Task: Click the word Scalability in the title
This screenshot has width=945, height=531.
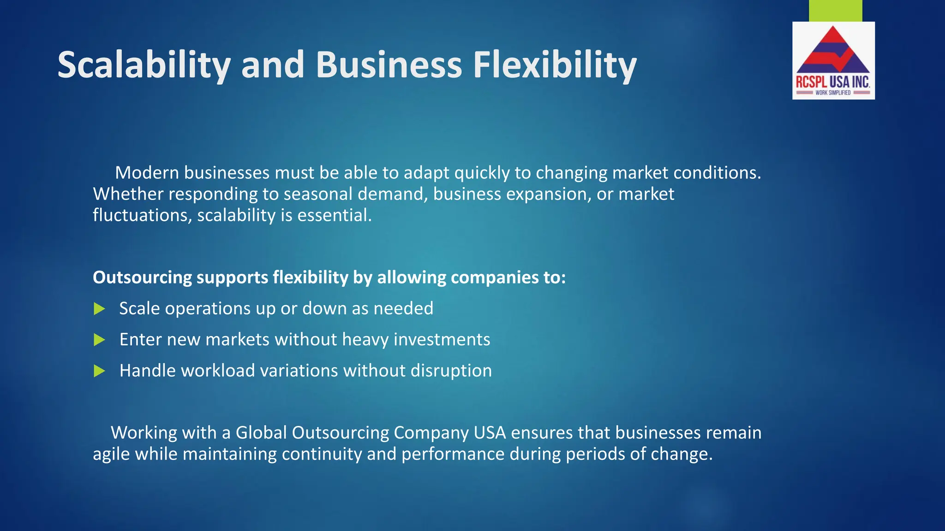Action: (x=144, y=65)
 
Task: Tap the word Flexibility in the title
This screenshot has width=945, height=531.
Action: (x=555, y=65)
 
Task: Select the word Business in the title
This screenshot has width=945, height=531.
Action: (x=389, y=65)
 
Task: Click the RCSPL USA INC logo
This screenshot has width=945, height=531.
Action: (x=833, y=60)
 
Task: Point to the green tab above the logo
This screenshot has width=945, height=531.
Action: (x=835, y=10)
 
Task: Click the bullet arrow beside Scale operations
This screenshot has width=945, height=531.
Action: (x=99, y=309)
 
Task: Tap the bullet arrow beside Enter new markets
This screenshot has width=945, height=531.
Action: (x=99, y=340)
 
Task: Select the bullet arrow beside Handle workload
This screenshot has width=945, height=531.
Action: (x=99, y=371)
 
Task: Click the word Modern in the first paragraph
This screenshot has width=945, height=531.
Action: (x=147, y=173)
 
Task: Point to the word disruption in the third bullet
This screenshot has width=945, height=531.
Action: (x=451, y=371)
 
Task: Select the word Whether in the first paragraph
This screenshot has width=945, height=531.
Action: (x=128, y=194)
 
